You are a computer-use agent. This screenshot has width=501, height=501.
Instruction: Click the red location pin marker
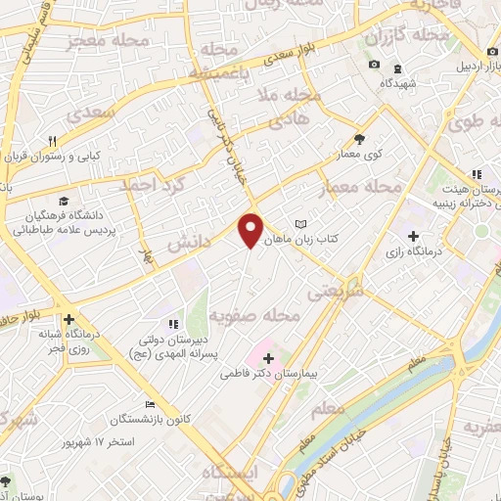coord(251,230)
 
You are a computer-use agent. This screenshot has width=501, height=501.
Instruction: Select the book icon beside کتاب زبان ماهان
coord(301,224)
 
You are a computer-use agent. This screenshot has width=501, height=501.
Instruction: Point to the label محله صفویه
coord(252,316)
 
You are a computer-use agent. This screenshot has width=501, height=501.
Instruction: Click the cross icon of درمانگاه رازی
coord(413,236)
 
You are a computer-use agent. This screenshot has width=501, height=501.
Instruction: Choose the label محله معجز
coord(101,41)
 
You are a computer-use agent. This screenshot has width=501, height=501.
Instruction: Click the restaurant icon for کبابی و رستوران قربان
coord(54,140)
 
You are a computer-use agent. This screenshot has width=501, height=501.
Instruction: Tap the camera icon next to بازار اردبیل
coord(374,65)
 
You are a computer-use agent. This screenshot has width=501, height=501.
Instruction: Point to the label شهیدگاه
coord(405,84)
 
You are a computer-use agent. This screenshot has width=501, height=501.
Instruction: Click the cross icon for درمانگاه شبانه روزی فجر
coord(68,319)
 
